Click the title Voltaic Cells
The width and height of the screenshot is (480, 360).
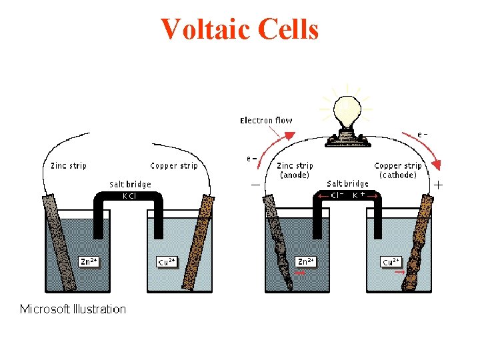tap(240, 29)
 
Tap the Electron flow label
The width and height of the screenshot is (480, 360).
tap(266, 121)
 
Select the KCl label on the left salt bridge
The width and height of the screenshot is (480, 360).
tap(129, 196)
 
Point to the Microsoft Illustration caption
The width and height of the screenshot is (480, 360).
tap(73, 309)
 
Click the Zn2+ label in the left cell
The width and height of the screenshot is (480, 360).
tap(89, 261)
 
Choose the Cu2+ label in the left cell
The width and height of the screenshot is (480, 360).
tap(167, 261)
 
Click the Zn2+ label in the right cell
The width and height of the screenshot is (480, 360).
tap(307, 261)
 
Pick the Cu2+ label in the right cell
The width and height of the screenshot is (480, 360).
tap(391, 261)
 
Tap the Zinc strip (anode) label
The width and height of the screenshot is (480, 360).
tap(294, 171)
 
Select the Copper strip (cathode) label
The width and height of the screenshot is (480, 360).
tap(398, 171)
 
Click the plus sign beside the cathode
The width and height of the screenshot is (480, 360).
tap(439, 183)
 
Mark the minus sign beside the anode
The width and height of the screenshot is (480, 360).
tap(255, 184)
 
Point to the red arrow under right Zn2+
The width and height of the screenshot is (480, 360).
tap(301, 273)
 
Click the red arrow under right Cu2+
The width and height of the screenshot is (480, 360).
tap(399, 273)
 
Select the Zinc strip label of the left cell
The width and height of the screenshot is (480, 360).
tap(69, 166)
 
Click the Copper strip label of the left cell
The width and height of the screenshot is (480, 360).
tap(174, 166)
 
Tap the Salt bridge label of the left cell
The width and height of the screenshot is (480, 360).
tap(131, 184)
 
